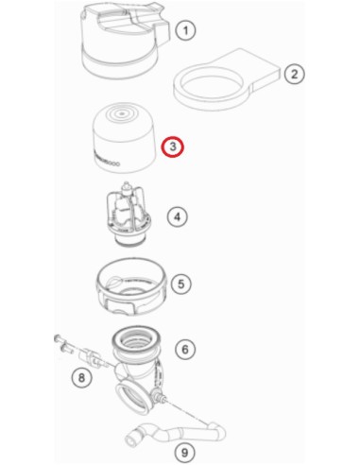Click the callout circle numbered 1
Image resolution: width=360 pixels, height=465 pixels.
[x=185, y=30]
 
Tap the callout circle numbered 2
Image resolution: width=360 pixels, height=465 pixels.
[x=294, y=74]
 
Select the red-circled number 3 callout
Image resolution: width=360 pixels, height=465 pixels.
[x=173, y=146]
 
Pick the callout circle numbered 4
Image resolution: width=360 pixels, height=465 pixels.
[x=178, y=216]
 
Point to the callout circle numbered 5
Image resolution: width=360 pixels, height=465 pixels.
[x=180, y=284]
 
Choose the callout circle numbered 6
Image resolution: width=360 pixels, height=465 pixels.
[x=185, y=349]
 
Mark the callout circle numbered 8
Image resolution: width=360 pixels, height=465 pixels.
[x=81, y=377]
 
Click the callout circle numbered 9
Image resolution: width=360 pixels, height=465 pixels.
[x=185, y=453]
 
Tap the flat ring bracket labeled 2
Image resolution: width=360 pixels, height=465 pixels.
[x=227, y=78]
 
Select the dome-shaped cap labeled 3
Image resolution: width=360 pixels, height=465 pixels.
[x=125, y=137]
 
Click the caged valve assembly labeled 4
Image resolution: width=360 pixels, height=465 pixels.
[x=129, y=215]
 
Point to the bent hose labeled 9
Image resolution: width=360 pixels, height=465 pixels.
[x=177, y=433]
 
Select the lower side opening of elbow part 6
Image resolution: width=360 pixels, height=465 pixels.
[x=132, y=398]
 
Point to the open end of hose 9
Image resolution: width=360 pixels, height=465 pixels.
[x=131, y=439]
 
